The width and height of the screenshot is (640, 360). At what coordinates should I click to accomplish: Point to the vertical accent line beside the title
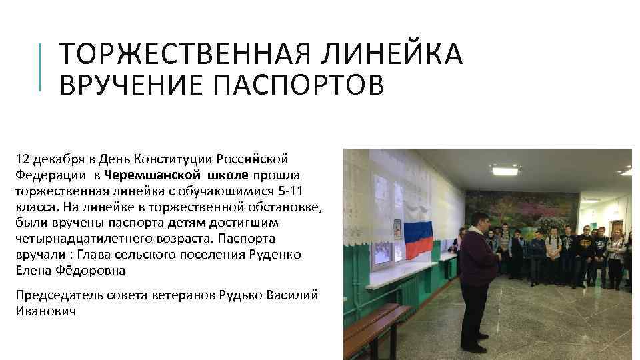(42, 67)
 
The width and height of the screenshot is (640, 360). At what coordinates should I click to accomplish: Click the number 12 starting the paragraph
(22, 159)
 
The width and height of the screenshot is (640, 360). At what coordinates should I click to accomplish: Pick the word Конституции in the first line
(167, 159)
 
